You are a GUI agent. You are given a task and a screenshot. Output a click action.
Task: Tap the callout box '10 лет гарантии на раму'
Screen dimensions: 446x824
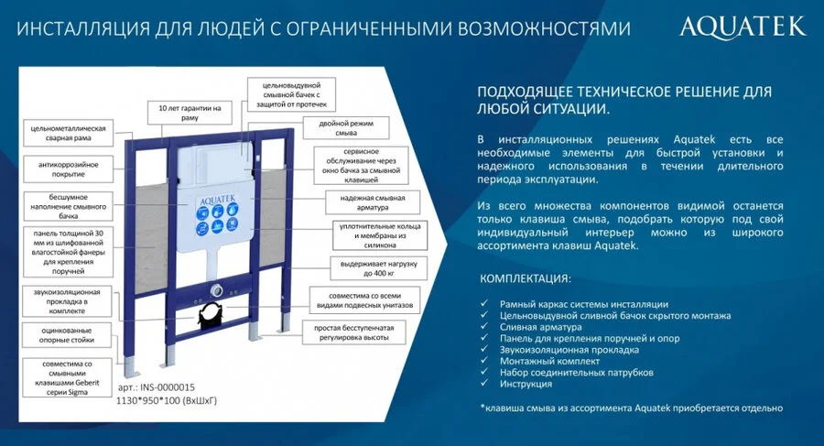point(190,113)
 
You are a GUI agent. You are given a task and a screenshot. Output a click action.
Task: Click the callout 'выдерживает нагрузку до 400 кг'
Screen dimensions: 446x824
point(369,267)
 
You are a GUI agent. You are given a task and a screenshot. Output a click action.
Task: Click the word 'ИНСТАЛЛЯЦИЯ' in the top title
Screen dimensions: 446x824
point(74,28)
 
